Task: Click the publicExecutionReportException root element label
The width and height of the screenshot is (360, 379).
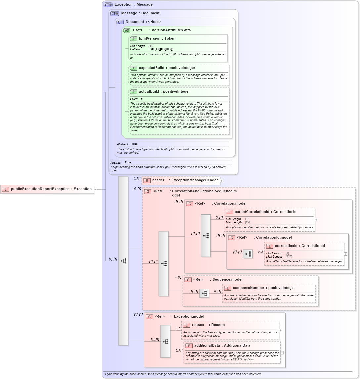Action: point(51,189)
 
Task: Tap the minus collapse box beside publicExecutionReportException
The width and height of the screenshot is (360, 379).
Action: point(95,189)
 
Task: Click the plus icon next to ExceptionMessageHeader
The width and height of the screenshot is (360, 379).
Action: point(222,181)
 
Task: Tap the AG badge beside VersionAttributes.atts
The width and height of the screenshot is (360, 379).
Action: point(127,30)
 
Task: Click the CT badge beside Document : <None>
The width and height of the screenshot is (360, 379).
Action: point(120,22)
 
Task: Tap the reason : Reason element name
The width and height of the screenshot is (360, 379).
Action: point(208,325)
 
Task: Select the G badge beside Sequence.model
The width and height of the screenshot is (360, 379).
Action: point(188,280)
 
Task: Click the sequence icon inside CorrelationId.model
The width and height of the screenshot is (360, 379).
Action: point(247,254)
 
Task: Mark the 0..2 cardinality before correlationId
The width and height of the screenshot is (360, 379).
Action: point(260,252)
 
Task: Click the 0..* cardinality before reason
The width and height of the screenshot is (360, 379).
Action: point(178,328)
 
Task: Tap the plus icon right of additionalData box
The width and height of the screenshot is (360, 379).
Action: point(282,353)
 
